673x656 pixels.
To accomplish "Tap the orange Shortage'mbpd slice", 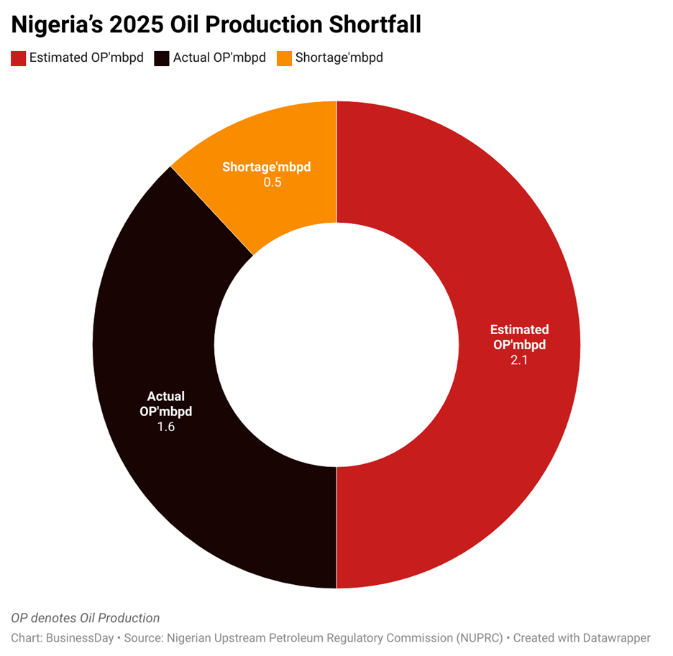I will coord(288,144).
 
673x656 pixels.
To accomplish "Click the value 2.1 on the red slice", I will coord(519,361).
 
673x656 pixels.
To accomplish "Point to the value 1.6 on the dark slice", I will coord(166,427).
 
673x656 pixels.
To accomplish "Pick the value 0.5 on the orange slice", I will coord(273,183).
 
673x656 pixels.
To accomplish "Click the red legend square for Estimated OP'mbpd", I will coord(19,58).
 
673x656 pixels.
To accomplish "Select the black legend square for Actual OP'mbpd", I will coord(162,58).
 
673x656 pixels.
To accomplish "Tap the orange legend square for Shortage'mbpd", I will coord(284,58).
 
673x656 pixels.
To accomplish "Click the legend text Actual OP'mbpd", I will coord(219,58).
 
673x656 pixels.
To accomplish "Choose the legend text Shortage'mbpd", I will coord(339,58).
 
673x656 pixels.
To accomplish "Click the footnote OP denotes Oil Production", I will coord(86,618).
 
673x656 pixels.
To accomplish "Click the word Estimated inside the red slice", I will coord(519,330).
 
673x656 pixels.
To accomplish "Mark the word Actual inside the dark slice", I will coord(166,396).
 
